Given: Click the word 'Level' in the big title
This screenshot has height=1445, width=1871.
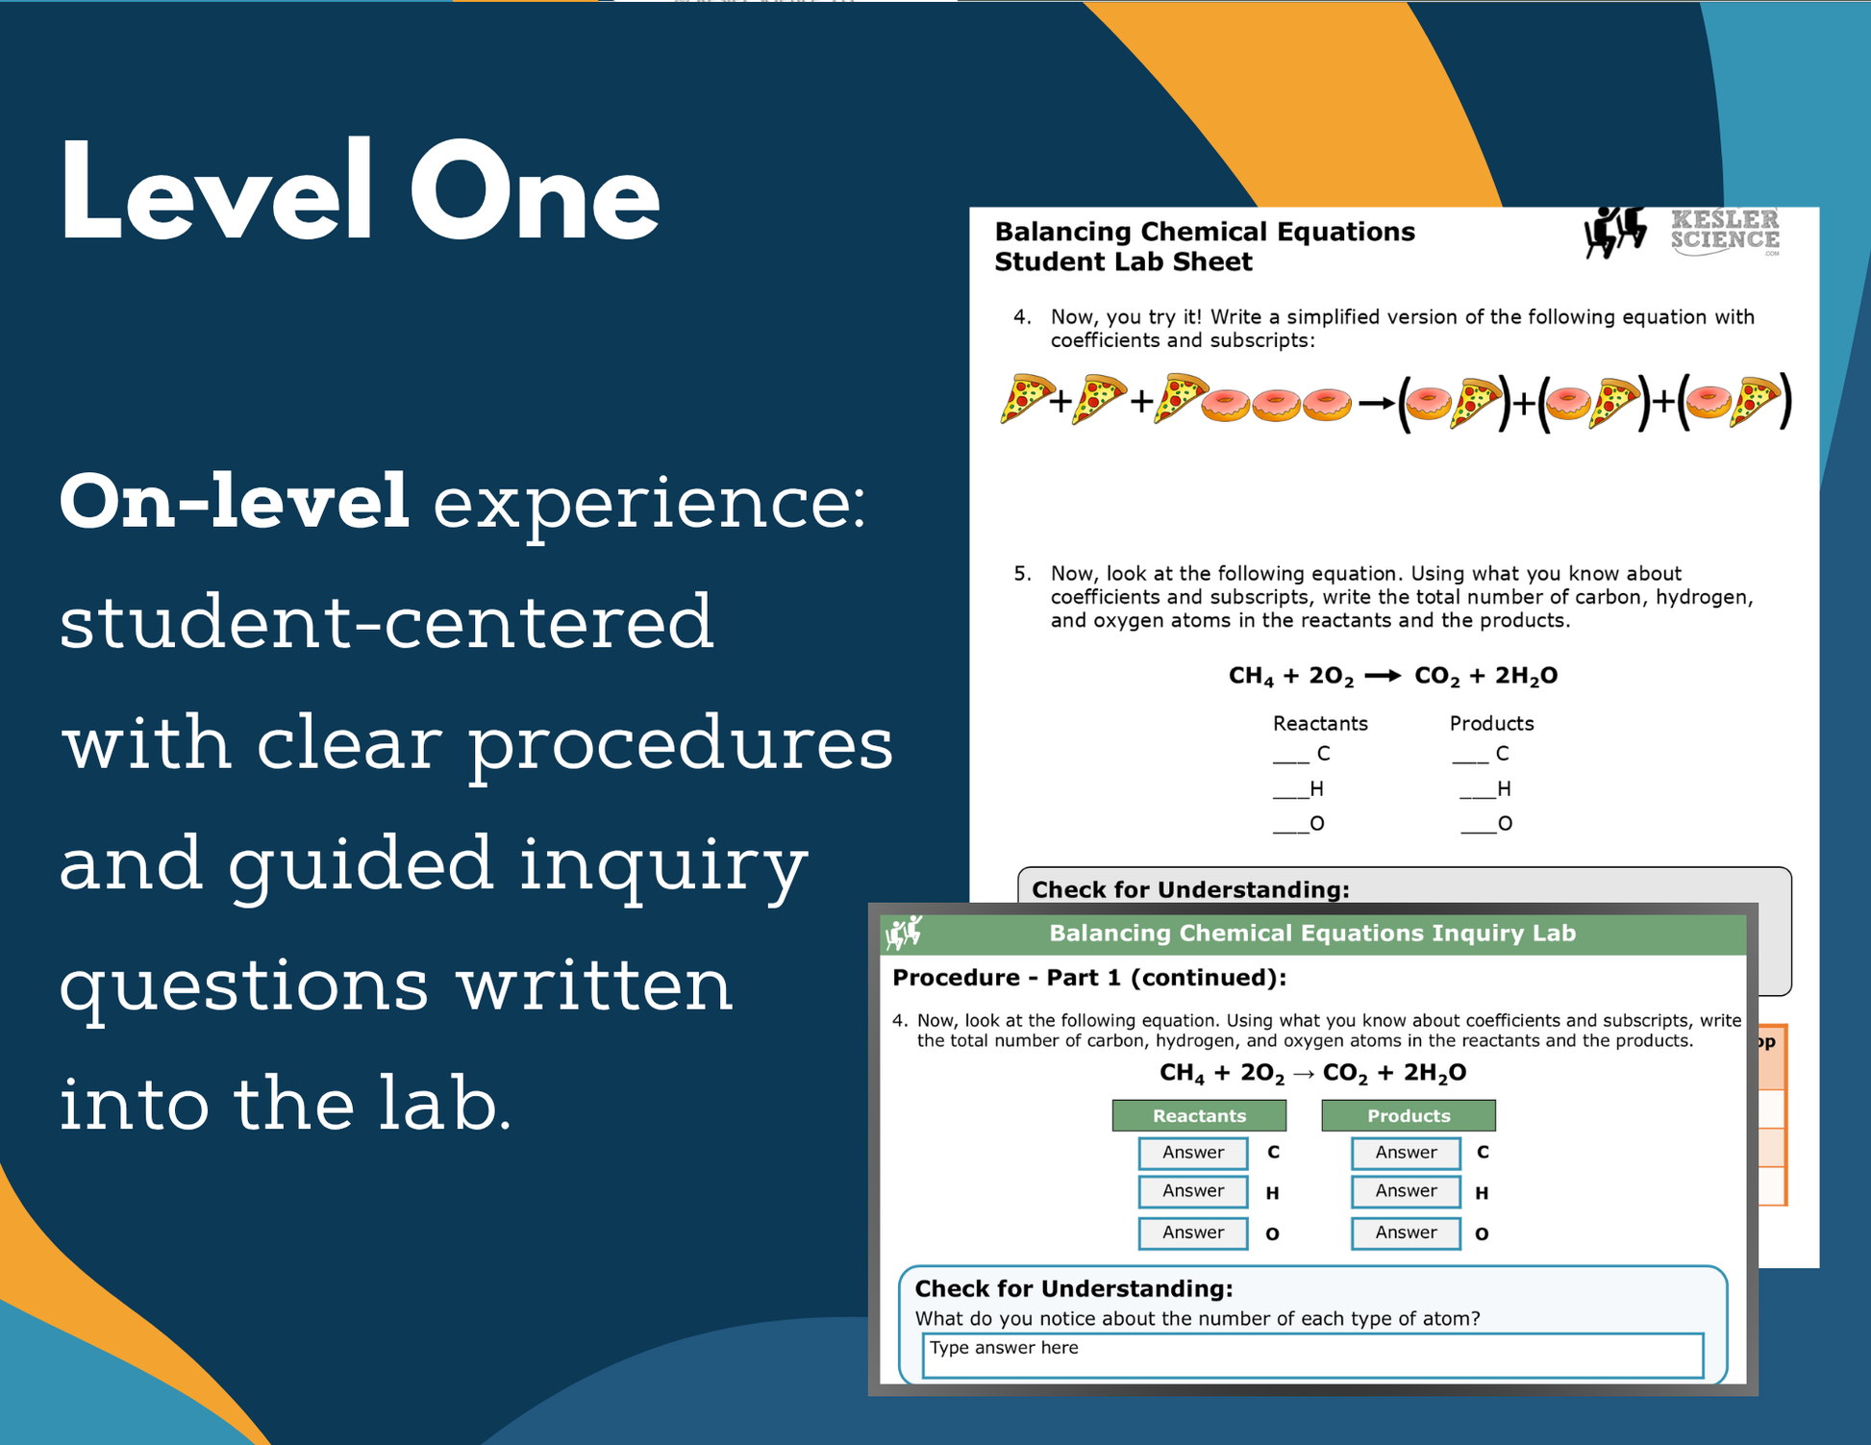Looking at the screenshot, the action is tap(216, 190).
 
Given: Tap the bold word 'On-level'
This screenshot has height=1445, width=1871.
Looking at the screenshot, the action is tap(235, 502).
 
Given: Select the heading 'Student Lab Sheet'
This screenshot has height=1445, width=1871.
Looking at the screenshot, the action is tap(1123, 262).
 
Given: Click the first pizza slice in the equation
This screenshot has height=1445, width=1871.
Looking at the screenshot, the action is tap(1024, 398).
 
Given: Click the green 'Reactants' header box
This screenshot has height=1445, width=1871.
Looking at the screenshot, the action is tap(1199, 1115).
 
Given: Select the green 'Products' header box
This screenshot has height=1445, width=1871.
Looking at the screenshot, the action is tap(1409, 1115).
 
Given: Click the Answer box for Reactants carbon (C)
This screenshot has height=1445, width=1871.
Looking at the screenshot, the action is tap(1193, 1153).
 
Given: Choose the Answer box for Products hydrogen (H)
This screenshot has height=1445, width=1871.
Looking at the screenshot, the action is tap(1406, 1192).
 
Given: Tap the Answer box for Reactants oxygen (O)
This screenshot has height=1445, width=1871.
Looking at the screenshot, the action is tap(1193, 1233).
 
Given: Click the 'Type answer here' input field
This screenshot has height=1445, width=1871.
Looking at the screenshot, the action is tap(1312, 1355).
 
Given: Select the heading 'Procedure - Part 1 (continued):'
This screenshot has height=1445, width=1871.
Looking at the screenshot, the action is tap(1089, 978).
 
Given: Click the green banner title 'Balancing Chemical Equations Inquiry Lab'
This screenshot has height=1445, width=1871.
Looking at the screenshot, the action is tap(1312, 933).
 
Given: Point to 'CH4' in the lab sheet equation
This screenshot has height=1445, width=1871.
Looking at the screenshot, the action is tap(1251, 677).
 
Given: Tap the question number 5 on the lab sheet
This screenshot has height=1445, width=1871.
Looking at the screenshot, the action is tap(1022, 574).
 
